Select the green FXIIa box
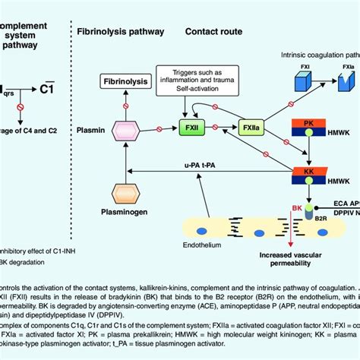(251, 127)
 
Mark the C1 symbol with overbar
(46, 89)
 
